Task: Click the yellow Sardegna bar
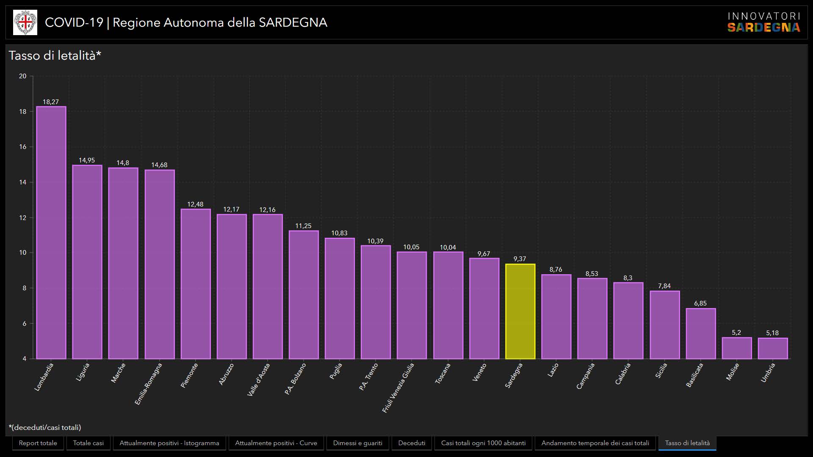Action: tap(520, 311)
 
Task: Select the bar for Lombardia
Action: tap(51, 233)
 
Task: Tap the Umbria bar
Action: tap(773, 348)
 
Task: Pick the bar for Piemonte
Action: tap(195, 284)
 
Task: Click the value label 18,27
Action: tap(51, 102)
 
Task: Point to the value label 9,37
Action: tap(520, 259)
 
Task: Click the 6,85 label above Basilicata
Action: tap(700, 303)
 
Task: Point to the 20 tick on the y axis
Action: tap(22, 76)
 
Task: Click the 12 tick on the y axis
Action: tap(22, 217)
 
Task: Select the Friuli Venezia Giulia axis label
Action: tap(398, 387)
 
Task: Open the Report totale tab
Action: tap(38, 443)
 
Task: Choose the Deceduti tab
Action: tap(412, 443)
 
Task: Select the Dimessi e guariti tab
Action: tap(357, 443)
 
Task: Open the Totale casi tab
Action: tap(88, 443)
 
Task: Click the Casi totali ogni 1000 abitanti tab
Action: tap(483, 443)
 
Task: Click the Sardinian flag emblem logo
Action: tap(25, 22)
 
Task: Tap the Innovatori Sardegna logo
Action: tap(763, 22)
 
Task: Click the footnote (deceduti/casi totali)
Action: tap(45, 427)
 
